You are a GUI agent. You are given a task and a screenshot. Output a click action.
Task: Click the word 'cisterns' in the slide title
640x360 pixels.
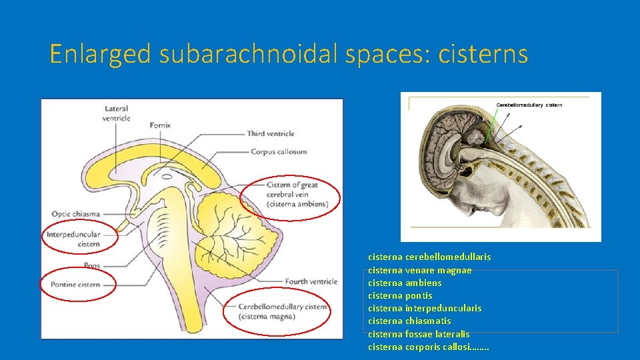(x=483, y=54)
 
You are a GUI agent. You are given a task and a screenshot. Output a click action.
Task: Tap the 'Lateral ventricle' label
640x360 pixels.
(x=117, y=113)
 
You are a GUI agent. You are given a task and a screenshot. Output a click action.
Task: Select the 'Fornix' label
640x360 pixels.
(x=160, y=125)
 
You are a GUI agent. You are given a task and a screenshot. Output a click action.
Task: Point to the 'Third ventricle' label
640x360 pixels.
(x=271, y=134)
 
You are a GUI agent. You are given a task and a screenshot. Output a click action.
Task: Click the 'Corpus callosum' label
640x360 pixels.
(x=279, y=151)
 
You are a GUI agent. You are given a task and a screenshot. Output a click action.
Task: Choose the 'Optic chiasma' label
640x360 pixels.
(x=75, y=214)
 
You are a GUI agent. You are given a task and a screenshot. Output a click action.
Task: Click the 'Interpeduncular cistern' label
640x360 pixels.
(x=73, y=239)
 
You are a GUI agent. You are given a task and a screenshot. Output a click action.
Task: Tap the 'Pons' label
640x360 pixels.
(x=93, y=265)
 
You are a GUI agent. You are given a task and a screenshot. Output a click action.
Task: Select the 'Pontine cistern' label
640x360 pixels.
(x=75, y=285)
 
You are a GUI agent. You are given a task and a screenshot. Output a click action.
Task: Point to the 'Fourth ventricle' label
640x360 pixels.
(x=311, y=281)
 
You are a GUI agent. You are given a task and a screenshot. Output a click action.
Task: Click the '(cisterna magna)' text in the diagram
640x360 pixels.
(x=269, y=316)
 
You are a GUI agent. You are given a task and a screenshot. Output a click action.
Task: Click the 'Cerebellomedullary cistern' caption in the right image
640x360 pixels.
(x=529, y=105)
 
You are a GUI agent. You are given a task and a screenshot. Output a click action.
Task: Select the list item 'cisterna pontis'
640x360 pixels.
(x=400, y=295)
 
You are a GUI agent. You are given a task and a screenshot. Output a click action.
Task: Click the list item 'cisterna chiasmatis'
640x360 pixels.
(x=409, y=321)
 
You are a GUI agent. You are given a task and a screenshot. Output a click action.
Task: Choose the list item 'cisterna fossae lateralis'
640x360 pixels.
(x=419, y=334)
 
